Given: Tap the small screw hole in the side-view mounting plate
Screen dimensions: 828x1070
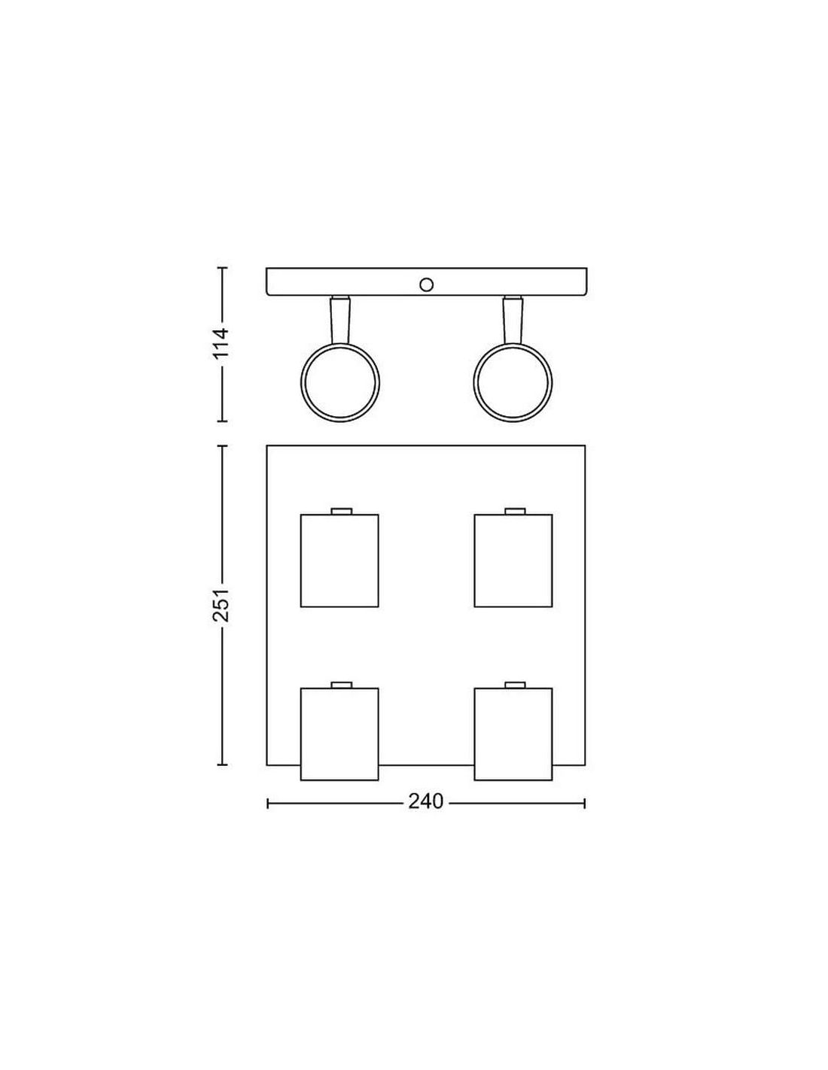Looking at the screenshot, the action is point(425,284).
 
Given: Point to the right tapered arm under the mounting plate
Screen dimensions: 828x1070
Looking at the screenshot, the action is point(513,320).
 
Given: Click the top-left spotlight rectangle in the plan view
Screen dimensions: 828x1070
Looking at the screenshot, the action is point(339,561).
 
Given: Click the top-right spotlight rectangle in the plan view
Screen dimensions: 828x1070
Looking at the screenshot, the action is point(513,561).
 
